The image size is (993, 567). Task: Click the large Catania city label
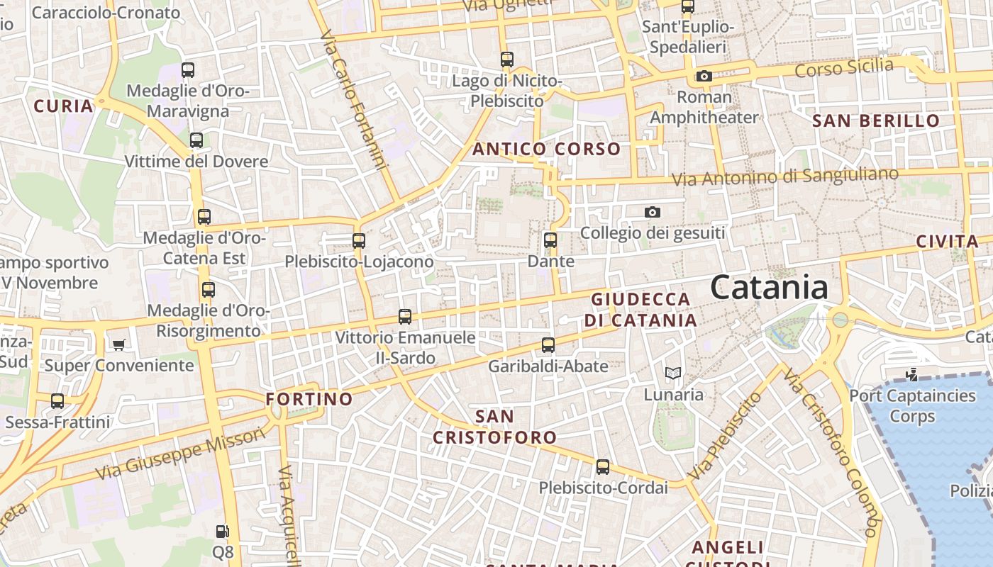click(x=769, y=288)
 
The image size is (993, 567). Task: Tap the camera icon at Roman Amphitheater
click(x=704, y=77)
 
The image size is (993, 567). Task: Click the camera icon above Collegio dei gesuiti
click(x=652, y=212)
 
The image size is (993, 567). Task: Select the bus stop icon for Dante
click(x=550, y=240)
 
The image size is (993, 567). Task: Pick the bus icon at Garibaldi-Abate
click(x=548, y=345)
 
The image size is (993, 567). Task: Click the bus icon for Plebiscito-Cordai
click(x=603, y=467)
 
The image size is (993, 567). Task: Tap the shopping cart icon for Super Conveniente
click(x=118, y=344)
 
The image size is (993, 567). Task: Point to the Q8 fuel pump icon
click(x=222, y=531)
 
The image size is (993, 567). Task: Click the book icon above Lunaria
click(x=673, y=373)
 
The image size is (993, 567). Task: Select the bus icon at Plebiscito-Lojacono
click(x=359, y=241)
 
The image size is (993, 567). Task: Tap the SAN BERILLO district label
click(x=876, y=120)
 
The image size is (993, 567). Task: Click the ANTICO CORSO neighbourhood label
click(x=546, y=149)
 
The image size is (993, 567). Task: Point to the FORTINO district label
click(x=309, y=399)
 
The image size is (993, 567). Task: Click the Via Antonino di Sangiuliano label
click(x=785, y=176)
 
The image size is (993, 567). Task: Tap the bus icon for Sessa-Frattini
click(x=57, y=401)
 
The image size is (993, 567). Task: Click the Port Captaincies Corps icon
click(x=912, y=374)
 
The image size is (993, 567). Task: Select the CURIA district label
click(x=64, y=106)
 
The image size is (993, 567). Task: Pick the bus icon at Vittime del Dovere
click(x=196, y=140)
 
